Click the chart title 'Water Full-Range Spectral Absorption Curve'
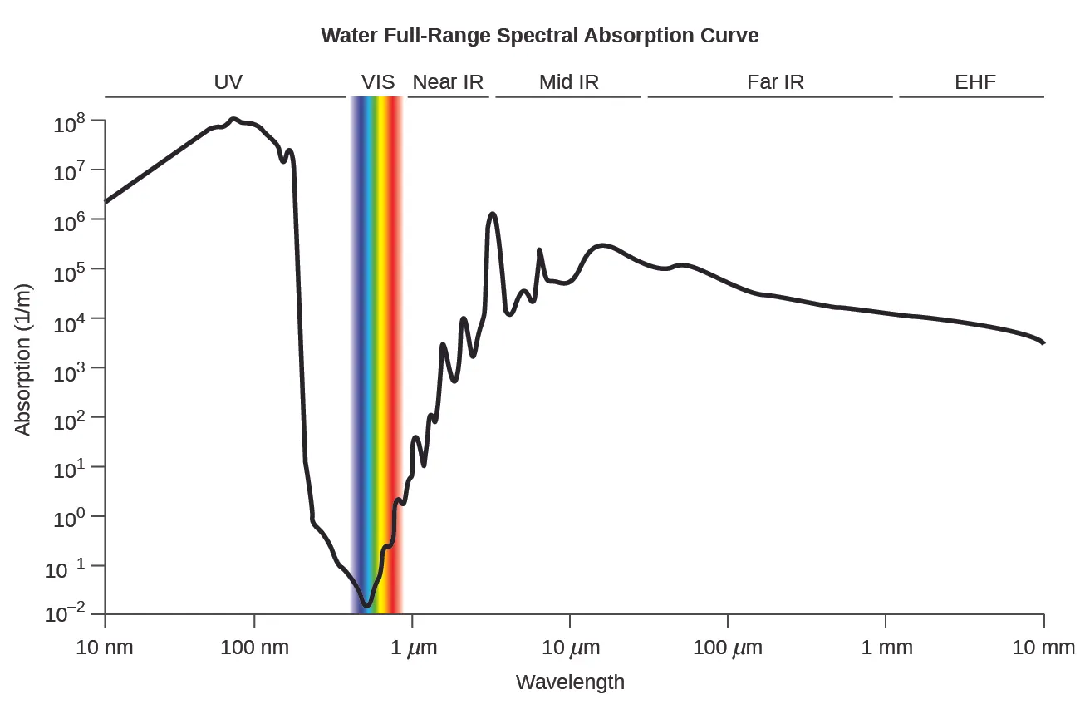coord(539,36)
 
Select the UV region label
coord(228,81)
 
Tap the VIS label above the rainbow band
coord(377,81)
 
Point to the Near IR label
coord(448,81)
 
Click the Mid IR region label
coord(568,81)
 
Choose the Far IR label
coord(775,81)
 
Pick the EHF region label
coord(974,81)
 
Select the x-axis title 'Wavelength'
coord(570,682)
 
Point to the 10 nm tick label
coord(105,647)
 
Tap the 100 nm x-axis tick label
coord(254,647)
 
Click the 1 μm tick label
coord(413,647)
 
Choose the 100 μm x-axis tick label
coord(727,647)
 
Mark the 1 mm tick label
coord(886,647)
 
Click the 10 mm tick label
coord(1043,647)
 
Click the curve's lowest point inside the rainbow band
coord(366,604)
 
